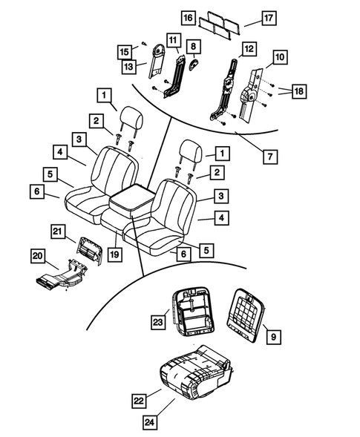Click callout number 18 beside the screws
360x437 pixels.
pos(298,91)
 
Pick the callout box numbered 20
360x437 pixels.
pos(39,255)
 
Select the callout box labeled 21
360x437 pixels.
pos(59,231)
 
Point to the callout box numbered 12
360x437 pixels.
pos(249,48)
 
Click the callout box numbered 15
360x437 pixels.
pos(125,51)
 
